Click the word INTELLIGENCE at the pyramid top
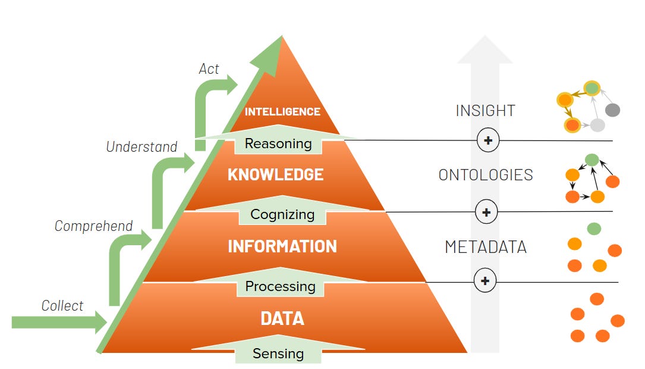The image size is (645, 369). tap(282, 111)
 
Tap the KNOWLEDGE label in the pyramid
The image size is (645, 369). tap(275, 174)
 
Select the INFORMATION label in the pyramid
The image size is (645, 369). tap(282, 246)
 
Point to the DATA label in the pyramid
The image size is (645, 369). tap(282, 318)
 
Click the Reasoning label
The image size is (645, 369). tap(278, 143)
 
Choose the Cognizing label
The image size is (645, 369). tap(282, 214)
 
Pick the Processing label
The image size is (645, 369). tap(280, 286)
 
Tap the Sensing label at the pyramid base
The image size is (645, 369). tap(278, 354)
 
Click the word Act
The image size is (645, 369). tap(209, 69)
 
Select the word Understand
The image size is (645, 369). tap(141, 146)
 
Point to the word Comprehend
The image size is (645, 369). tap(93, 226)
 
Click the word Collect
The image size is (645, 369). tap(62, 306)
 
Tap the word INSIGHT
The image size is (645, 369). tap(485, 111)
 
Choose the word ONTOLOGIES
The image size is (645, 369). tap(486, 175)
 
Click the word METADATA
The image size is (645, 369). tap(486, 247)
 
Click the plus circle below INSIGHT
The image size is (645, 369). tap(488, 140)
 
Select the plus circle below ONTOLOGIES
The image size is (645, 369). tap(486, 212)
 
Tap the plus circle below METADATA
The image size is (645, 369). tap(485, 280)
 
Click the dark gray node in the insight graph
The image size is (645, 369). tap(612, 110)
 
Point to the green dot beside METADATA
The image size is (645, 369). tap(594, 229)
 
